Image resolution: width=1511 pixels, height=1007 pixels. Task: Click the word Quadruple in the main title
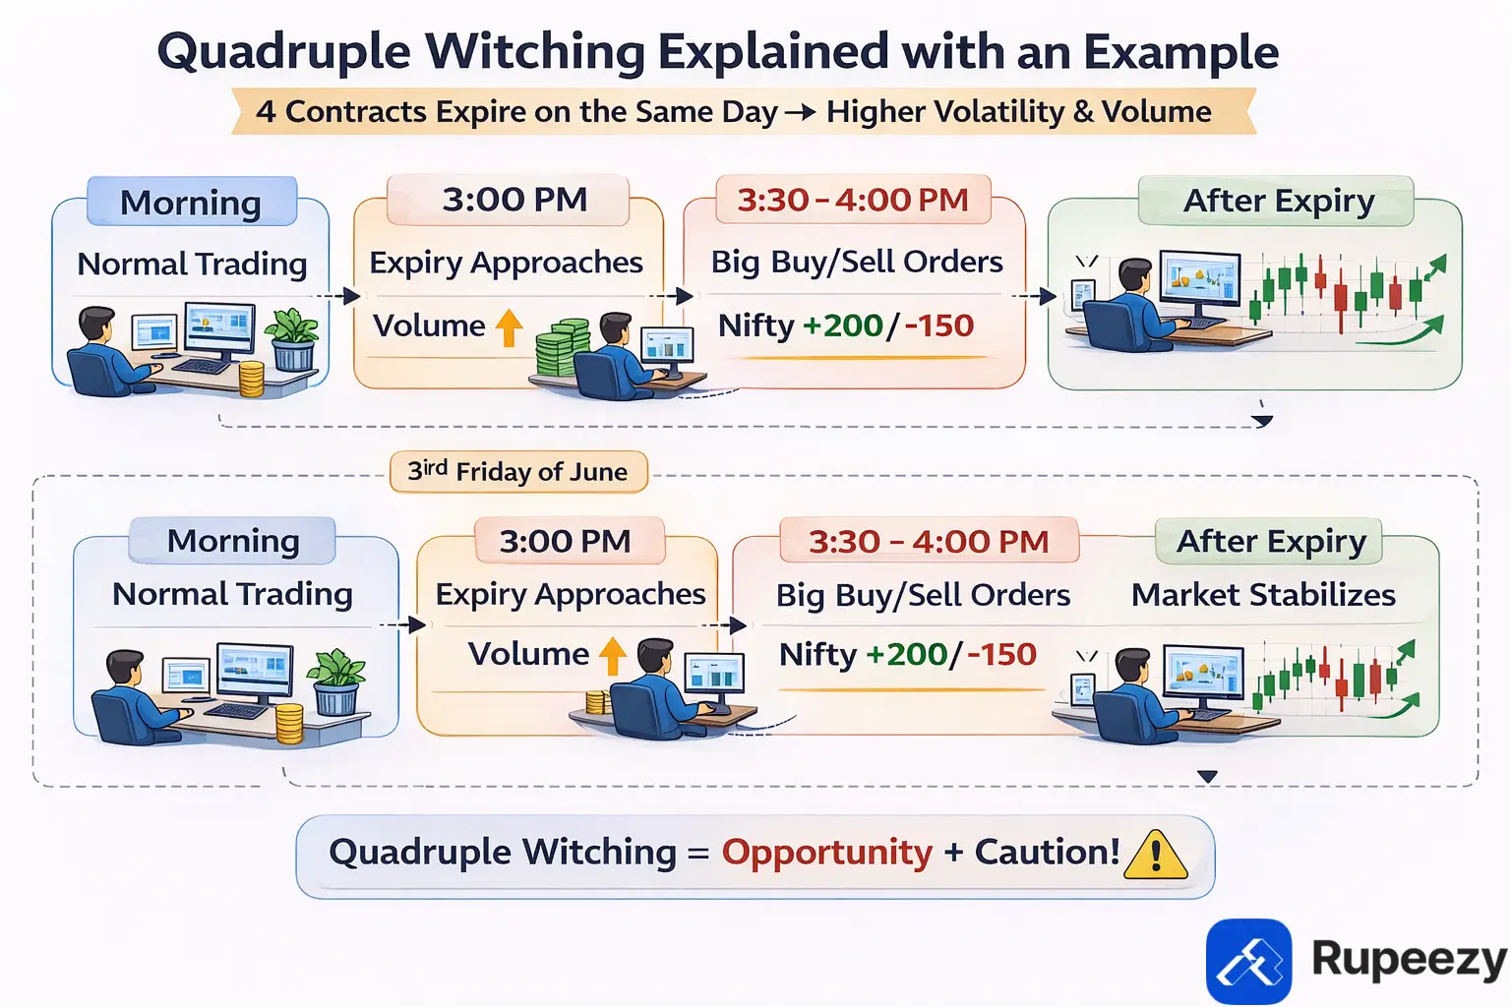tap(283, 53)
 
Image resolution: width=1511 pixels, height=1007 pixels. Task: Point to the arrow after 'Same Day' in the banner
tap(801, 112)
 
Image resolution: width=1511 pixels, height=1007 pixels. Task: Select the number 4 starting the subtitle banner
tap(266, 112)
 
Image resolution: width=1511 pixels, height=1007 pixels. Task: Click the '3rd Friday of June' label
tap(518, 472)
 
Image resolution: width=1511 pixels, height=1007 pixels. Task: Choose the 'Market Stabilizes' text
tap(1263, 595)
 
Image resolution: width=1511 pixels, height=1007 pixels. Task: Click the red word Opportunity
tap(826, 853)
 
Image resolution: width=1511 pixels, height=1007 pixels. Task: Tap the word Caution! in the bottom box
tap(1047, 853)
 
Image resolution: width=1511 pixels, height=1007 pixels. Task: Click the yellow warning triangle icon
tap(1156, 855)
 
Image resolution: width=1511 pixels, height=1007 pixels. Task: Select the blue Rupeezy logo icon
tap(1248, 961)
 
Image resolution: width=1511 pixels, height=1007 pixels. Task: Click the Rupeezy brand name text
tap(1409, 959)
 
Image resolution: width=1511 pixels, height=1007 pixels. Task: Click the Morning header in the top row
tap(191, 203)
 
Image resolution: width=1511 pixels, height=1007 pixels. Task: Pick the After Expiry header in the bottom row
tap(1271, 542)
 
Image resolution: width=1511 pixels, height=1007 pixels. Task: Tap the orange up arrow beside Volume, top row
tap(509, 327)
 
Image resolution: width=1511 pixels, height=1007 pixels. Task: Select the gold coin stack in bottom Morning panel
tap(289, 724)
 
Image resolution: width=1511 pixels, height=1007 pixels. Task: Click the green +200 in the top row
tap(843, 326)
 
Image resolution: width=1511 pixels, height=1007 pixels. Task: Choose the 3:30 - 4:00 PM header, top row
tap(853, 201)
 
